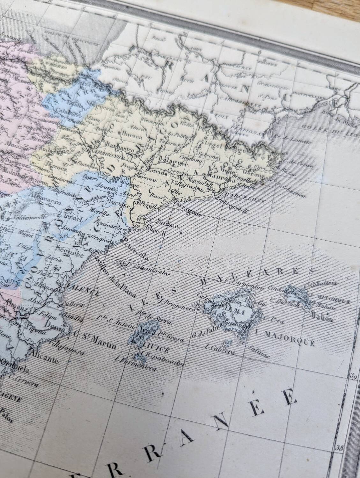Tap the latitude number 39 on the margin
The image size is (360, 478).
353,378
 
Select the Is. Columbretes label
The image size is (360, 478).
146,268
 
